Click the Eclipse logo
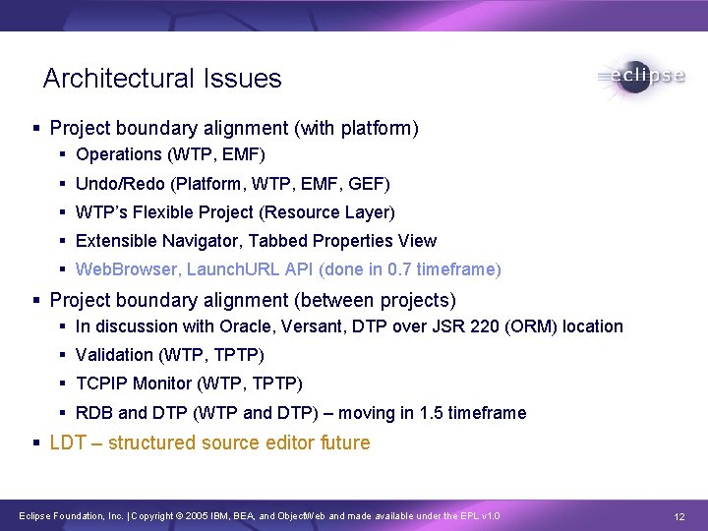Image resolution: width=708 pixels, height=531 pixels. pos(641,77)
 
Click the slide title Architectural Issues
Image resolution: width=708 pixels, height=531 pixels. pos(162,79)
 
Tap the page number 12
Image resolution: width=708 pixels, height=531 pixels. pos(679,516)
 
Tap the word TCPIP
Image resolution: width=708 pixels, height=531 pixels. pos(101,383)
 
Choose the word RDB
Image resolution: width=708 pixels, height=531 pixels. pos(94,413)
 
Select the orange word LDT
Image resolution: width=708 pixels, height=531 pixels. pos(68,443)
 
